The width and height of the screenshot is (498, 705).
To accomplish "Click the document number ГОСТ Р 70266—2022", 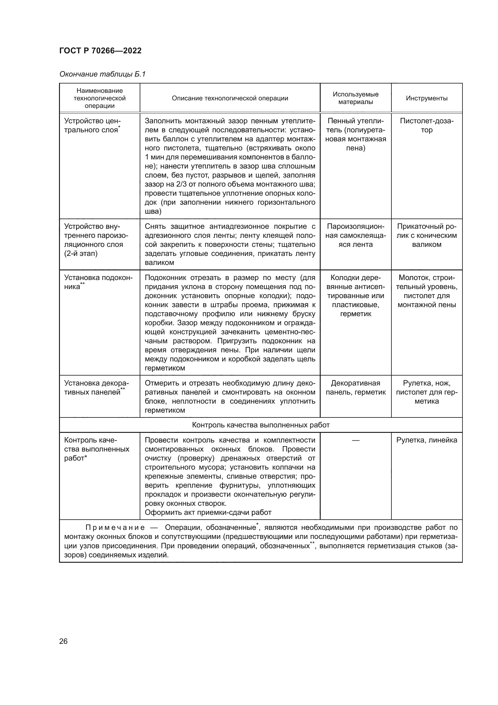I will point(100,51).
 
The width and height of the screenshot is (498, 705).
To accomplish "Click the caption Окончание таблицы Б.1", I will point(102,74).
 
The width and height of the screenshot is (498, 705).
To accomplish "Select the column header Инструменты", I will point(427,98).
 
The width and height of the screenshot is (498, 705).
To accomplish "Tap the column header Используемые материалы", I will point(355,98).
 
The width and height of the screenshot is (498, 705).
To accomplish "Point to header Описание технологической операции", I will point(230,98).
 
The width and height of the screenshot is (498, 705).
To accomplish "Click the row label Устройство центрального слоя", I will point(92,126).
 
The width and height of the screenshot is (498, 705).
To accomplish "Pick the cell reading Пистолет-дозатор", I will point(427,126).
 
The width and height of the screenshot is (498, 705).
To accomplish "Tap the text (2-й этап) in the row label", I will point(81,253).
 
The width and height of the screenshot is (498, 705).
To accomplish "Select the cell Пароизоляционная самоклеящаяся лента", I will point(355,235).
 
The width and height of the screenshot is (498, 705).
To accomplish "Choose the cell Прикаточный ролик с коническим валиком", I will point(427,235).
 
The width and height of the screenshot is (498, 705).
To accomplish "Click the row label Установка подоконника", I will point(98,282).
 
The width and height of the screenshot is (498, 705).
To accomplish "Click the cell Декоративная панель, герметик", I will point(355,388).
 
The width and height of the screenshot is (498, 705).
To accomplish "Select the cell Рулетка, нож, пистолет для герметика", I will point(427,392).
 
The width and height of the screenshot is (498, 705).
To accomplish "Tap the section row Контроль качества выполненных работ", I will point(261,425).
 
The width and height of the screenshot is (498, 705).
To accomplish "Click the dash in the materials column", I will point(355,440).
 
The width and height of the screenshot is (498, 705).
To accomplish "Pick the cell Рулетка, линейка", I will point(427,440).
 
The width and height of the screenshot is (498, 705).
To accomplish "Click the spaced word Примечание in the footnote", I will point(115,528).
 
